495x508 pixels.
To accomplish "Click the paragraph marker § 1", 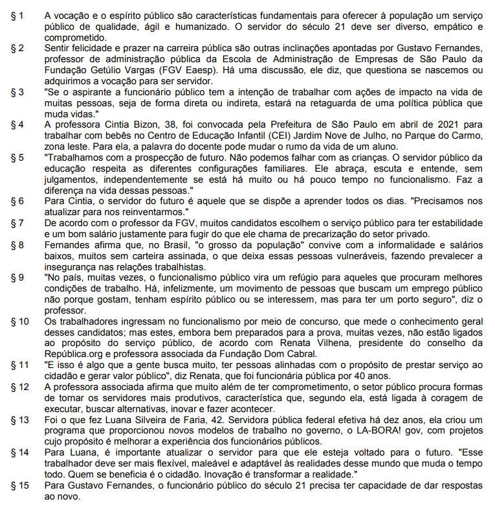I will click(x=15, y=14).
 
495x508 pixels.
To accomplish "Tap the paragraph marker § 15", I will click(x=17, y=485).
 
